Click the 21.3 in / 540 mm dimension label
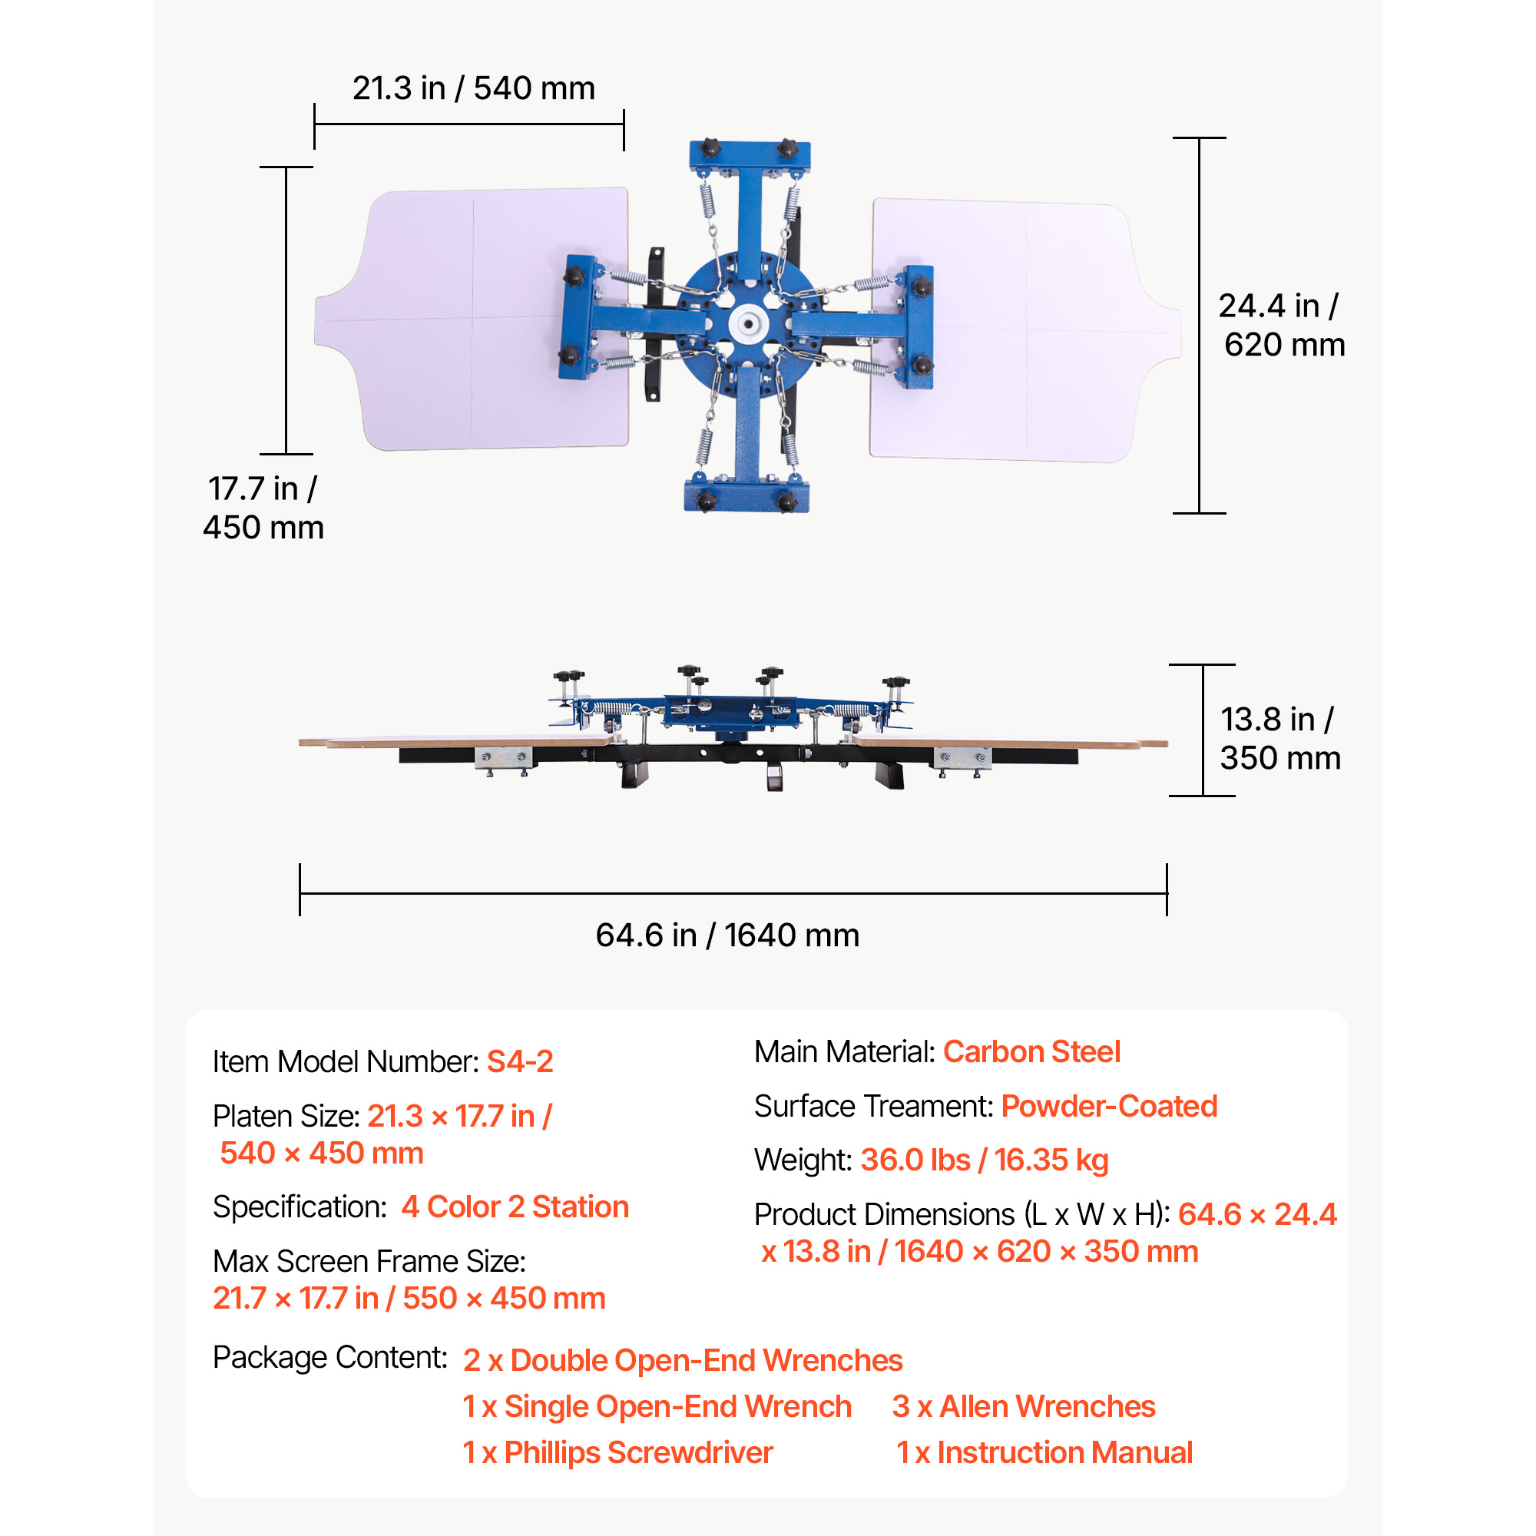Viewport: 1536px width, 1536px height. pos(474,88)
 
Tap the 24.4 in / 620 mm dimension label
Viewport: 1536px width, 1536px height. pos(1282,325)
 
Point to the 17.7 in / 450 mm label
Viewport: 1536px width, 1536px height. pos(263,508)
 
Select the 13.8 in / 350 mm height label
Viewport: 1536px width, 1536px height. pos(1280,739)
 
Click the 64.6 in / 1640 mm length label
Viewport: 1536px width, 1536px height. pos(727,935)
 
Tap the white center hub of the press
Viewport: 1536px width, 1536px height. pos(748,323)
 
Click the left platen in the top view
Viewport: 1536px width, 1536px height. pos(473,319)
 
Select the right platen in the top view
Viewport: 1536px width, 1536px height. pos(1025,330)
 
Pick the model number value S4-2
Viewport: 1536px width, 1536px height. pos(520,1061)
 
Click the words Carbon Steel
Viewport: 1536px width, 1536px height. pos(1031,1052)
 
